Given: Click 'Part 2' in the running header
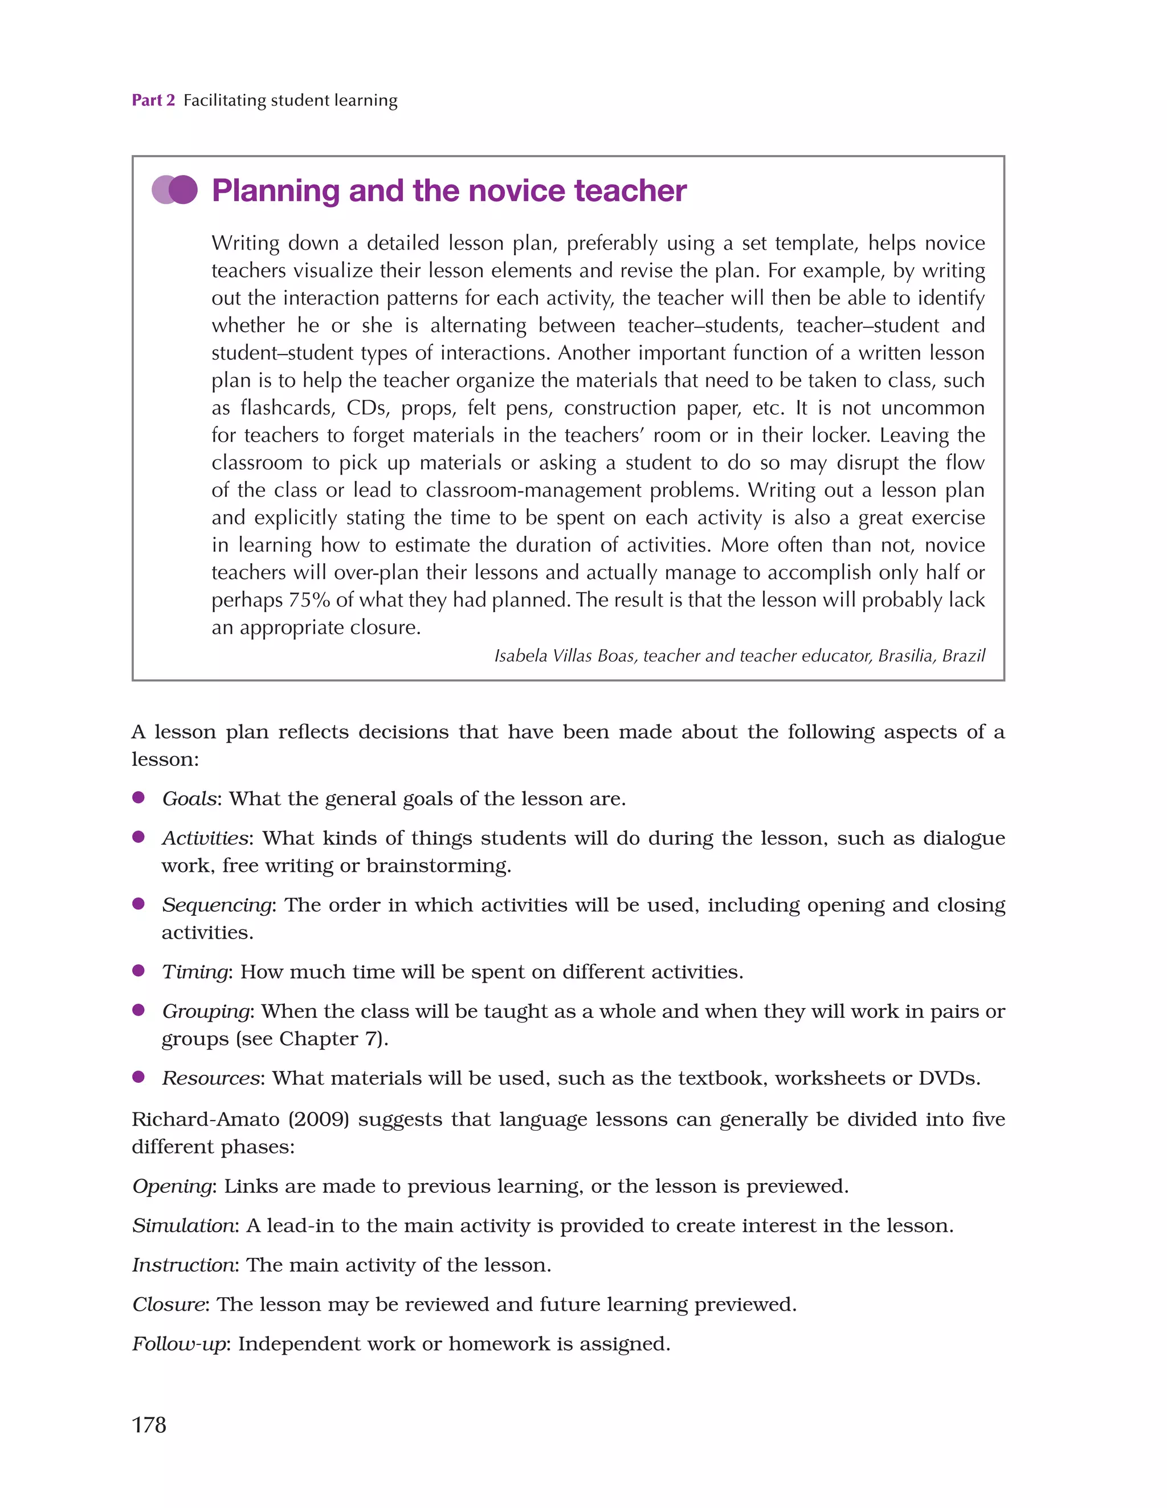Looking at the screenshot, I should tap(153, 100).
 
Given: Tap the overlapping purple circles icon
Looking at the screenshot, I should tap(175, 190).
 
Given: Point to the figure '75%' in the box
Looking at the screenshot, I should tap(309, 600).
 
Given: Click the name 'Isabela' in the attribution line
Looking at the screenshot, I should tap(521, 655).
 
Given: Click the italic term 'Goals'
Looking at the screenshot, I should tap(189, 799).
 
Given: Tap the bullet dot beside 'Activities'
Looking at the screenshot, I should tap(139, 837).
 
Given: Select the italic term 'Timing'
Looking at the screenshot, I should tap(195, 972).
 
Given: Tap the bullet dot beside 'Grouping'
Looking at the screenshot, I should tap(139, 1010).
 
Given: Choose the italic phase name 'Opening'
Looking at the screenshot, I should tap(172, 1186).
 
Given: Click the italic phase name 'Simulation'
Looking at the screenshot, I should tap(183, 1225).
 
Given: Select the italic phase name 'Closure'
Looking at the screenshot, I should tap(169, 1305).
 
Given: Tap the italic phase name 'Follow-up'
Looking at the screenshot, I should tap(179, 1344).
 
